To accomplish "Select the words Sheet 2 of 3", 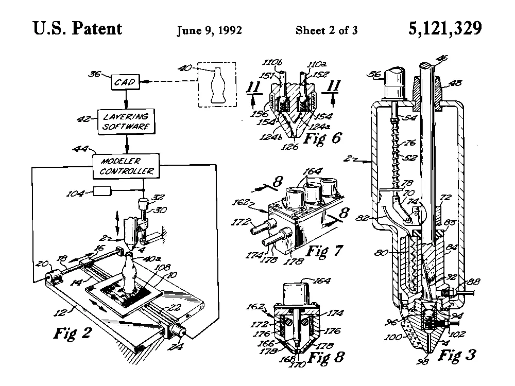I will (x=327, y=30).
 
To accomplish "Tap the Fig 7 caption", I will (x=323, y=252).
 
